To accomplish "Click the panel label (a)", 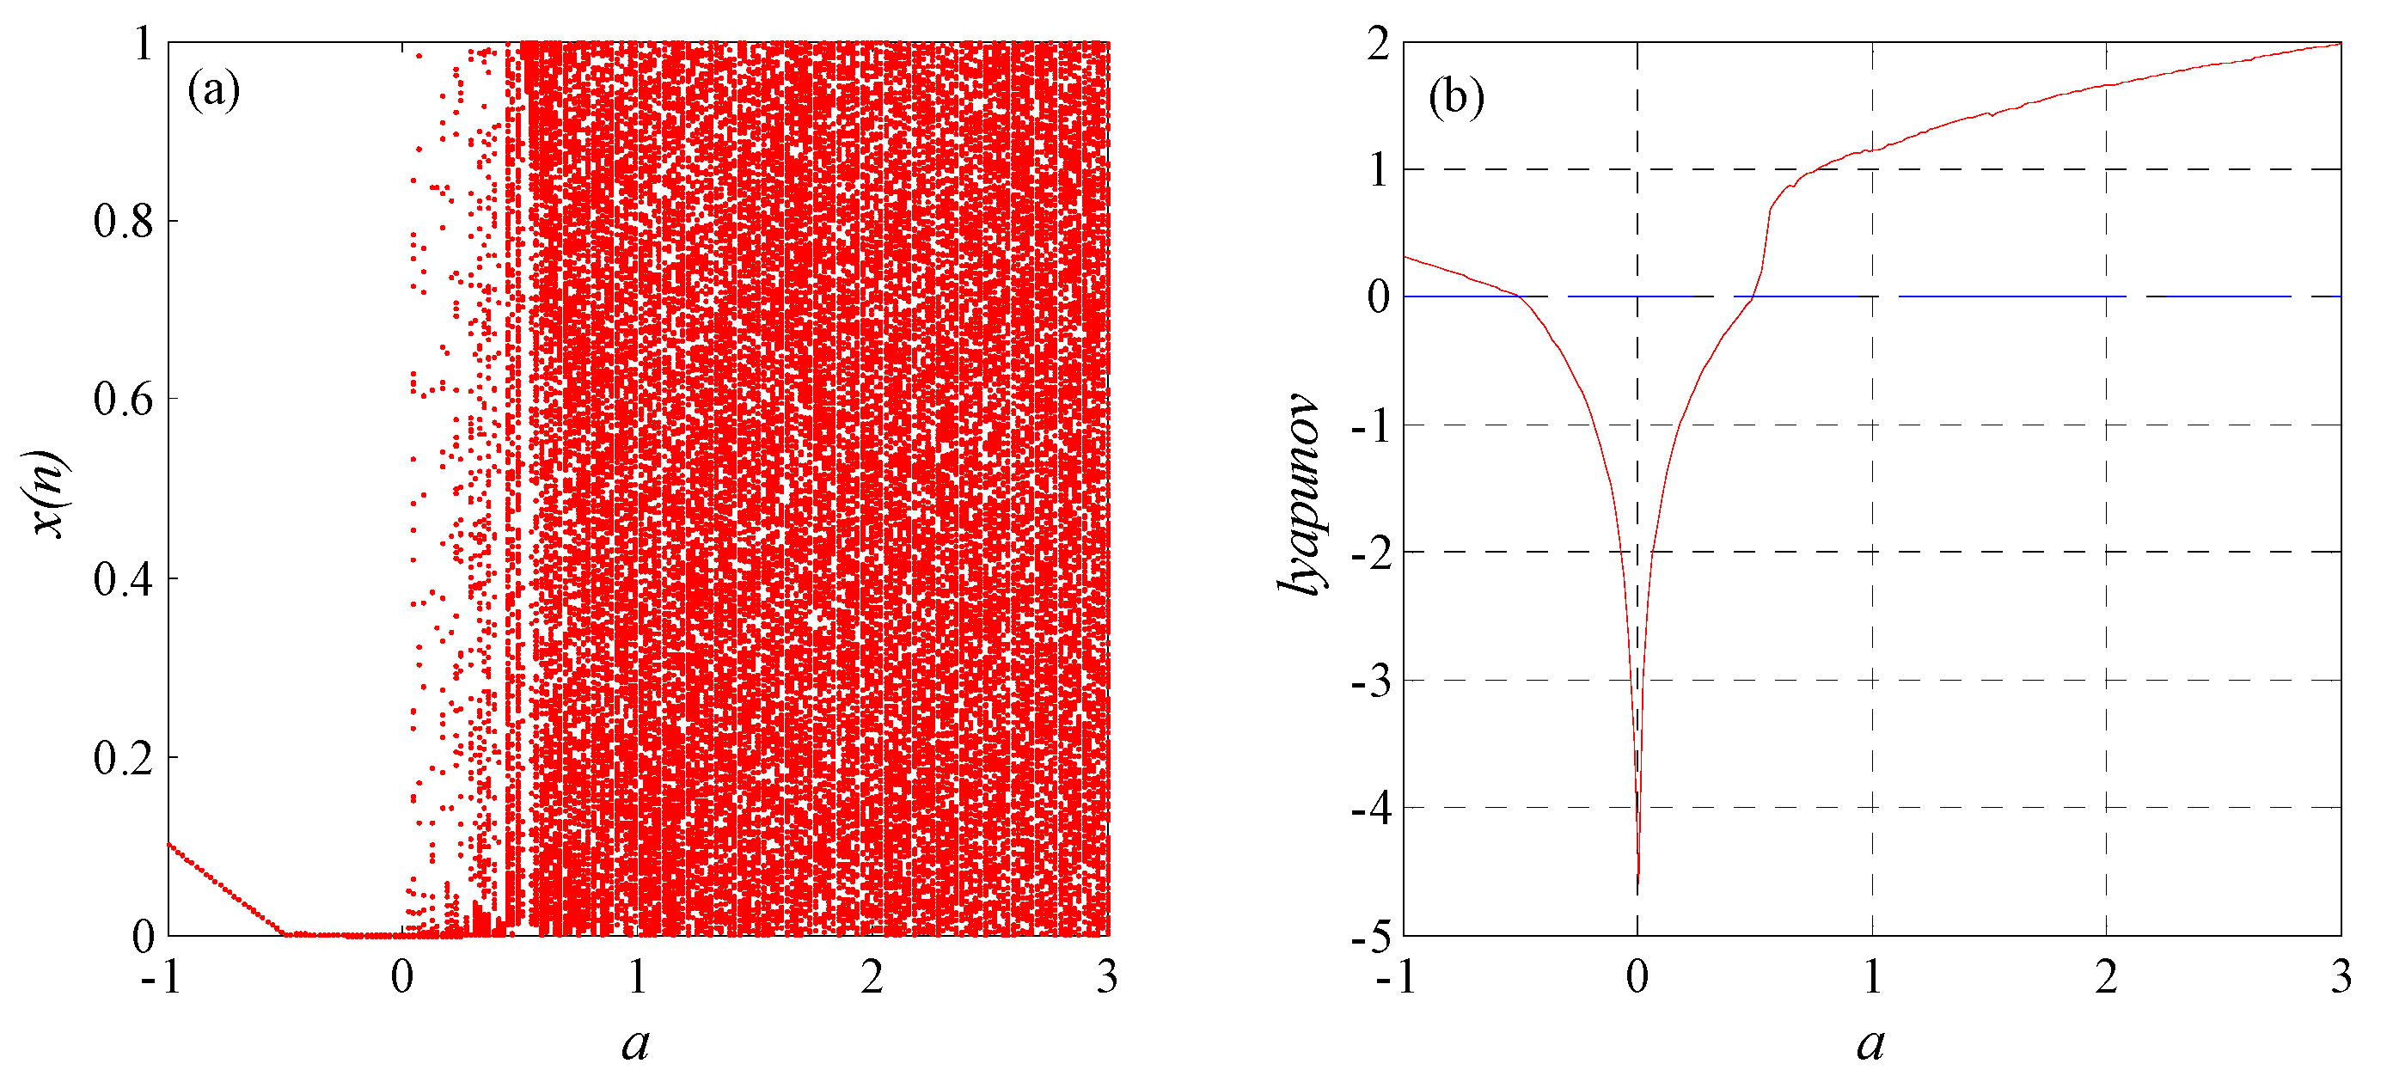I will click(x=213, y=91).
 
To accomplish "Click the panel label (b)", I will click(x=1456, y=96).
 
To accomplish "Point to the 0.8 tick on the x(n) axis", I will click(x=123, y=222).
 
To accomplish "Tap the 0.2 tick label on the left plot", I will click(x=123, y=758).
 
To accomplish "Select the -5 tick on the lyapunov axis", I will click(x=1371, y=937).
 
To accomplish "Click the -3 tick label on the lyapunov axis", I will click(x=1371, y=682).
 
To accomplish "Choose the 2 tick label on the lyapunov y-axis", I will click(x=1378, y=44).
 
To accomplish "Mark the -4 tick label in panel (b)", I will click(x=1371, y=809).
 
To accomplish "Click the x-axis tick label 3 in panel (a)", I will click(x=1107, y=978).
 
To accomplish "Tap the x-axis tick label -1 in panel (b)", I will click(x=1397, y=978).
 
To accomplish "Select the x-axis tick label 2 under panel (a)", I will click(x=872, y=978).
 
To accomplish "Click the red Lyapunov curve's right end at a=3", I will click(x=2340, y=44).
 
